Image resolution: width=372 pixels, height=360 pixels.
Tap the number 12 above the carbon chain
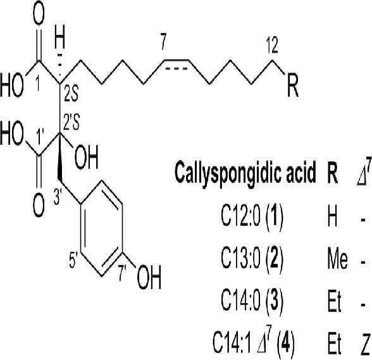point(271,45)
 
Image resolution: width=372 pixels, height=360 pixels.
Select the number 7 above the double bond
point(163,42)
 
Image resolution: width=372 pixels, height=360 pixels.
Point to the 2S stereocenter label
point(71,94)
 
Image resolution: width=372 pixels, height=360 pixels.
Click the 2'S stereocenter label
point(71,121)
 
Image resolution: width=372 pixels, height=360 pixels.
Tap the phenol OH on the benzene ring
point(149,277)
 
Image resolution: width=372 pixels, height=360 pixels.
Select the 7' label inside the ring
point(123,273)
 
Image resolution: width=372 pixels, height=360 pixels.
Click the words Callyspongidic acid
point(245,172)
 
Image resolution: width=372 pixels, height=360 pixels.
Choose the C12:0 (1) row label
point(252,216)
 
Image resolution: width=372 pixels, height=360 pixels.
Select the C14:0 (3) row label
point(252,301)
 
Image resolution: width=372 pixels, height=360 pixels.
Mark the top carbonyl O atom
point(39,14)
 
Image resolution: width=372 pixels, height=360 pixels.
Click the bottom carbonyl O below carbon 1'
point(39,206)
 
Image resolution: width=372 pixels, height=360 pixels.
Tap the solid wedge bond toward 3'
point(59,158)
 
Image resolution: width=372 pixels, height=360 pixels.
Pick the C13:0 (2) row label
point(252,258)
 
